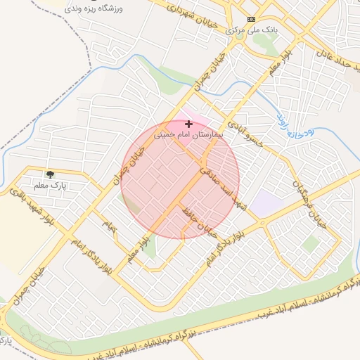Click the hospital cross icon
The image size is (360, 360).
point(188,123)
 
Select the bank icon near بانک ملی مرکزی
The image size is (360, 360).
point(252,19)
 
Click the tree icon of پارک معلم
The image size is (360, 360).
point(50,173)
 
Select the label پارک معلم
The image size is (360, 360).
point(50,184)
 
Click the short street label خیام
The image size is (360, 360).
point(108,226)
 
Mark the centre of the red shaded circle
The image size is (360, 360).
point(180,180)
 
